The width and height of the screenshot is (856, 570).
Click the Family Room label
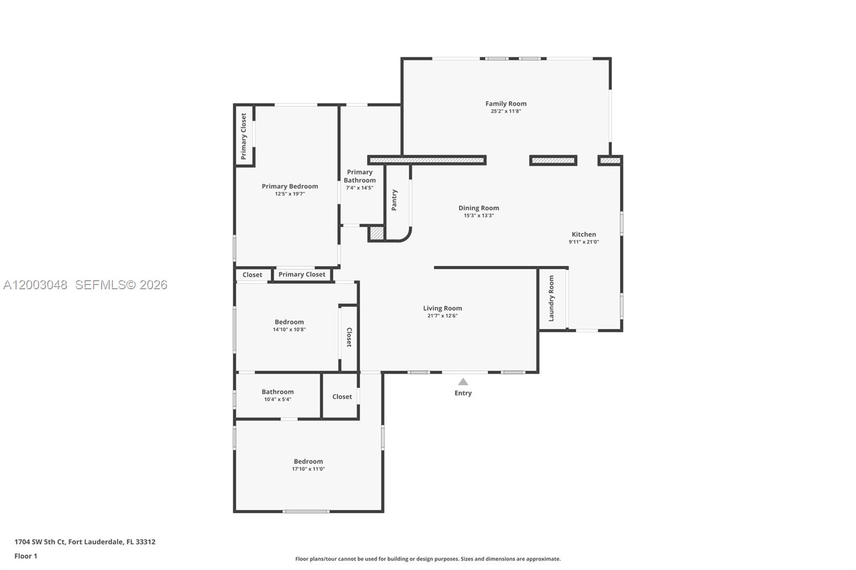506,104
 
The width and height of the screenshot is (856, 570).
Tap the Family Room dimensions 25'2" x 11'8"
506,111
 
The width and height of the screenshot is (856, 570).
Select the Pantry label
394,199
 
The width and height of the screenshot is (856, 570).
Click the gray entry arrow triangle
463,382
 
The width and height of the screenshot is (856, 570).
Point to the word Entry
463,393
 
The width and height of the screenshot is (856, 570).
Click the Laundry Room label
551,298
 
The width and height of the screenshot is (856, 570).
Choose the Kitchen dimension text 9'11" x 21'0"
584,242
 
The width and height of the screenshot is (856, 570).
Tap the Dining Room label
478,208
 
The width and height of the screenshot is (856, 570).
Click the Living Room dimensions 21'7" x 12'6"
442,315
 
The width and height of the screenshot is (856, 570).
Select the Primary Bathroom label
360,176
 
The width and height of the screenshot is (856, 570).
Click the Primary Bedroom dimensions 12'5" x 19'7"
289,194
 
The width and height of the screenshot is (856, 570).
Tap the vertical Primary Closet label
243,136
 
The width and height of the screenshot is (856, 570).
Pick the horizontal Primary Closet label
302,274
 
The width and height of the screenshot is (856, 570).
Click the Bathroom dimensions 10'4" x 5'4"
277,399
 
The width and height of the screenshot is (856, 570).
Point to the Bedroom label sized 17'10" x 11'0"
308,461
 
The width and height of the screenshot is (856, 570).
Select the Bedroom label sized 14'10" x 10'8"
289,322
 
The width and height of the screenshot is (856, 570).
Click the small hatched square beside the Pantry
377,233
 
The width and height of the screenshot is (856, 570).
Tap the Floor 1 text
26,556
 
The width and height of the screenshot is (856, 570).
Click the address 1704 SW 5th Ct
40,542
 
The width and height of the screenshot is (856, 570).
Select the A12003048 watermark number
35,285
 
